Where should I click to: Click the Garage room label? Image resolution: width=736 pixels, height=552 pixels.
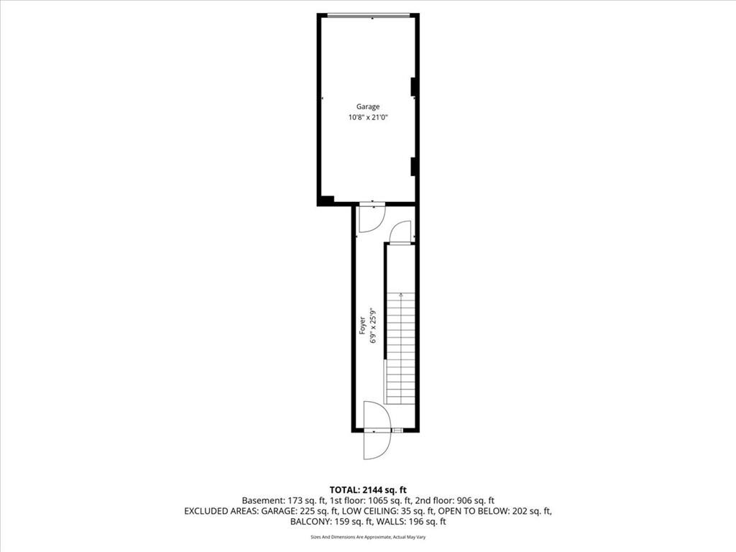tap(367, 106)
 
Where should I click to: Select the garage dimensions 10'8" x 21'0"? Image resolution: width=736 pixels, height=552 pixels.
tap(367, 118)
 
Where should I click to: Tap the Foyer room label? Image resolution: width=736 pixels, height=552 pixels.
tap(362, 326)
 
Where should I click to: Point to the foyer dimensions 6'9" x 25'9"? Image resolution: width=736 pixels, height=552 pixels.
tap(374, 326)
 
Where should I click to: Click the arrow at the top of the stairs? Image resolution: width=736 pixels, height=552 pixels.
tap(400, 295)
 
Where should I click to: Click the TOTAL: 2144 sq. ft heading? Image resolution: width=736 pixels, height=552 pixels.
tap(368, 490)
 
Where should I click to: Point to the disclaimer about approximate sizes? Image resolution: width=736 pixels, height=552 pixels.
tap(368, 537)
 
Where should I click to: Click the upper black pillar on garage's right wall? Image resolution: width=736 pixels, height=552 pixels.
tap(413, 87)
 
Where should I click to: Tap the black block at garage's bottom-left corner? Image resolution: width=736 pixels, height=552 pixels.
tap(326, 201)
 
